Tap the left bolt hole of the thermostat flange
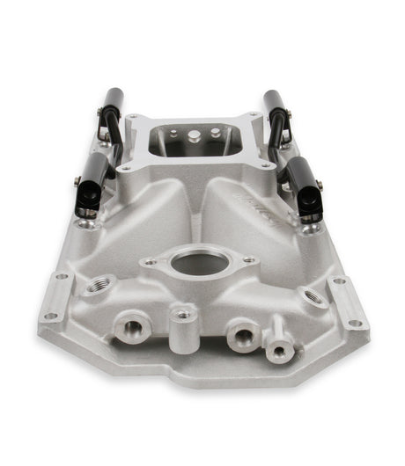pos(151,261)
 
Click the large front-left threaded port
pos(133,329)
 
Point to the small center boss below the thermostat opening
pos(184,314)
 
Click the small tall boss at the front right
pos(279,351)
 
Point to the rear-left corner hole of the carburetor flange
pos(132,117)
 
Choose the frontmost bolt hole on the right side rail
pos(356,323)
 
